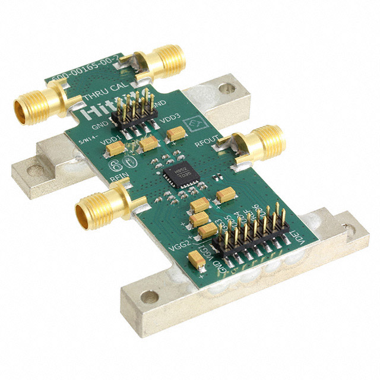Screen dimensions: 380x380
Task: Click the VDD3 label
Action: (164, 120)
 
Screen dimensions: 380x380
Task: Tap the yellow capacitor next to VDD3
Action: (176, 135)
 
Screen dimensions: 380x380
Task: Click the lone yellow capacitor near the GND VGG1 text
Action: (196, 258)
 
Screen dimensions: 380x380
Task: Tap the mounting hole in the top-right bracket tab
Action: (224, 88)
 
